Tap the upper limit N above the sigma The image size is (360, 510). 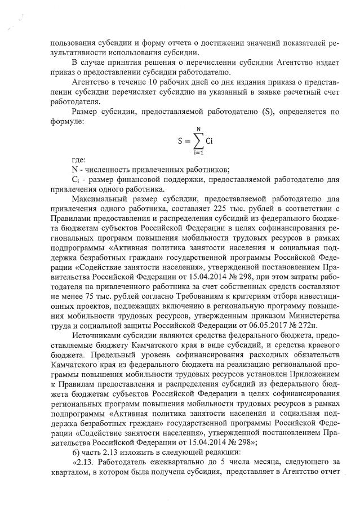(x=197, y=129)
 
